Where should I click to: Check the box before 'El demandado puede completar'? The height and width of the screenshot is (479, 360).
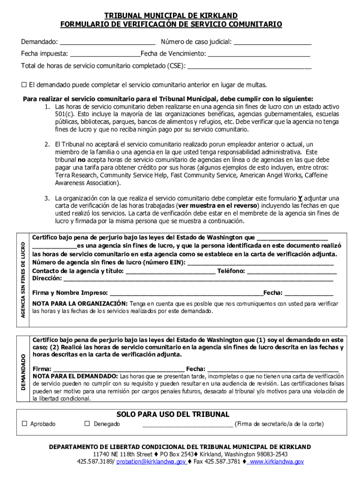coord(24,85)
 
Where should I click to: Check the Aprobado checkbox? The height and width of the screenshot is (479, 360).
coord(25,424)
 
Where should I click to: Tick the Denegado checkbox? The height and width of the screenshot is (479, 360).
coord(87,424)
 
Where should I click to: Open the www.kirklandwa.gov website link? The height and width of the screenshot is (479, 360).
coord(275,461)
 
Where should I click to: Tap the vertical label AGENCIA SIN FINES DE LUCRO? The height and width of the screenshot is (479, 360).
coord(23,279)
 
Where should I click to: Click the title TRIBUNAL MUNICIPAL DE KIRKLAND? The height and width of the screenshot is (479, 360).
coord(171,16)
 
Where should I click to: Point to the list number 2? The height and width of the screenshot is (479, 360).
coord(47,145)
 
